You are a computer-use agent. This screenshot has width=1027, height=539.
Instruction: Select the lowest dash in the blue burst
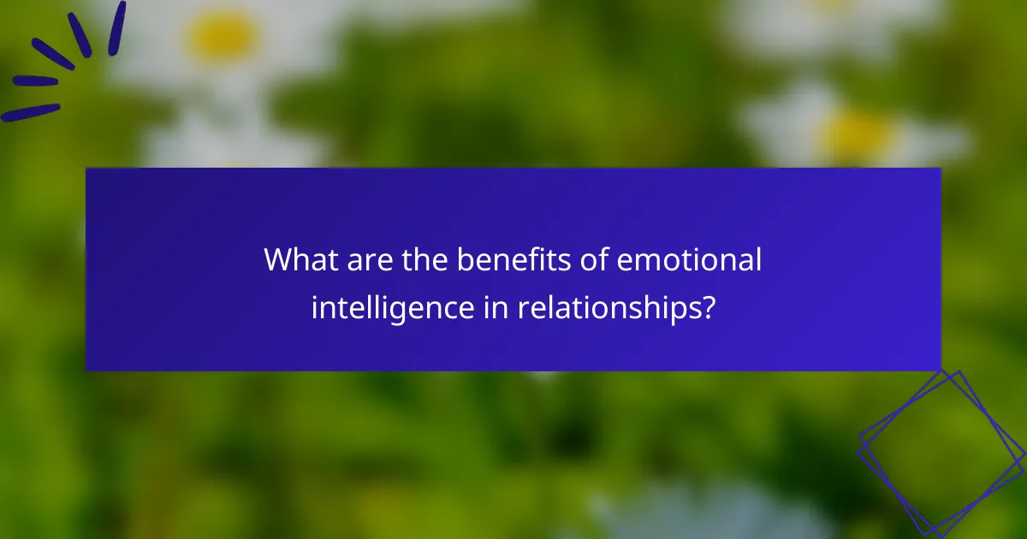coord(31,112)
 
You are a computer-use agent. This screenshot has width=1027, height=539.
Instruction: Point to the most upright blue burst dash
coord(116,28)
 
